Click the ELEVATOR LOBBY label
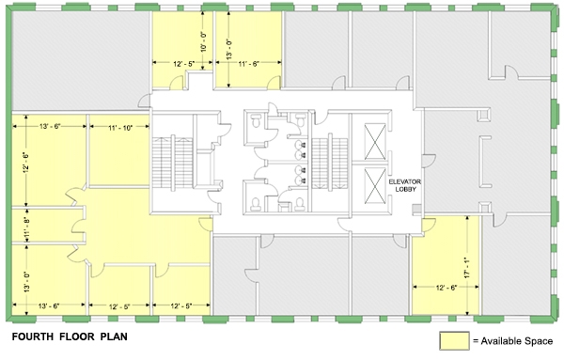pyautogui.click(x=404, y=185)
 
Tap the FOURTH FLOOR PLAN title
pyautogui.click(x=70, y=337)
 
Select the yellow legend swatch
pyautogui.click(x=454, y=340)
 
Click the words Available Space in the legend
pyautogui.click(x=517, y=340)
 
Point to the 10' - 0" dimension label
pyautogui.click(x=204, y=42)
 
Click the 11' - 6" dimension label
pyautogui.click(x=248, y=64)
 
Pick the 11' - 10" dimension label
pyautogui.click(x=120, y=128)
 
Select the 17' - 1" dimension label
pyautogui.click(x=467, y=267)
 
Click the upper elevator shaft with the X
pyautogui.click(x=375, y=141)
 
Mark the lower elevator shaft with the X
pyautogui.click(x=375, y=185)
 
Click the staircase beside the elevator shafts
pyautogui.click(x=330, y=163)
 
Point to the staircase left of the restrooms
pyautogui.click(x=173, y=163)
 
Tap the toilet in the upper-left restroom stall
pyautogui.click(x=256, y=120)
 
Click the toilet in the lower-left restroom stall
pyautogui.click(x=256, y=204)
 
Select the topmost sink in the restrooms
pyautogui.click(x=299, y=145)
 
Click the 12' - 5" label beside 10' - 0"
pyautogui.click(x=183, y=64)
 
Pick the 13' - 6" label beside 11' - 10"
pyautogui.click(x=50, y=127)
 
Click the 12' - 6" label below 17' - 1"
pyautogui.click(x=446, y=288)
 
